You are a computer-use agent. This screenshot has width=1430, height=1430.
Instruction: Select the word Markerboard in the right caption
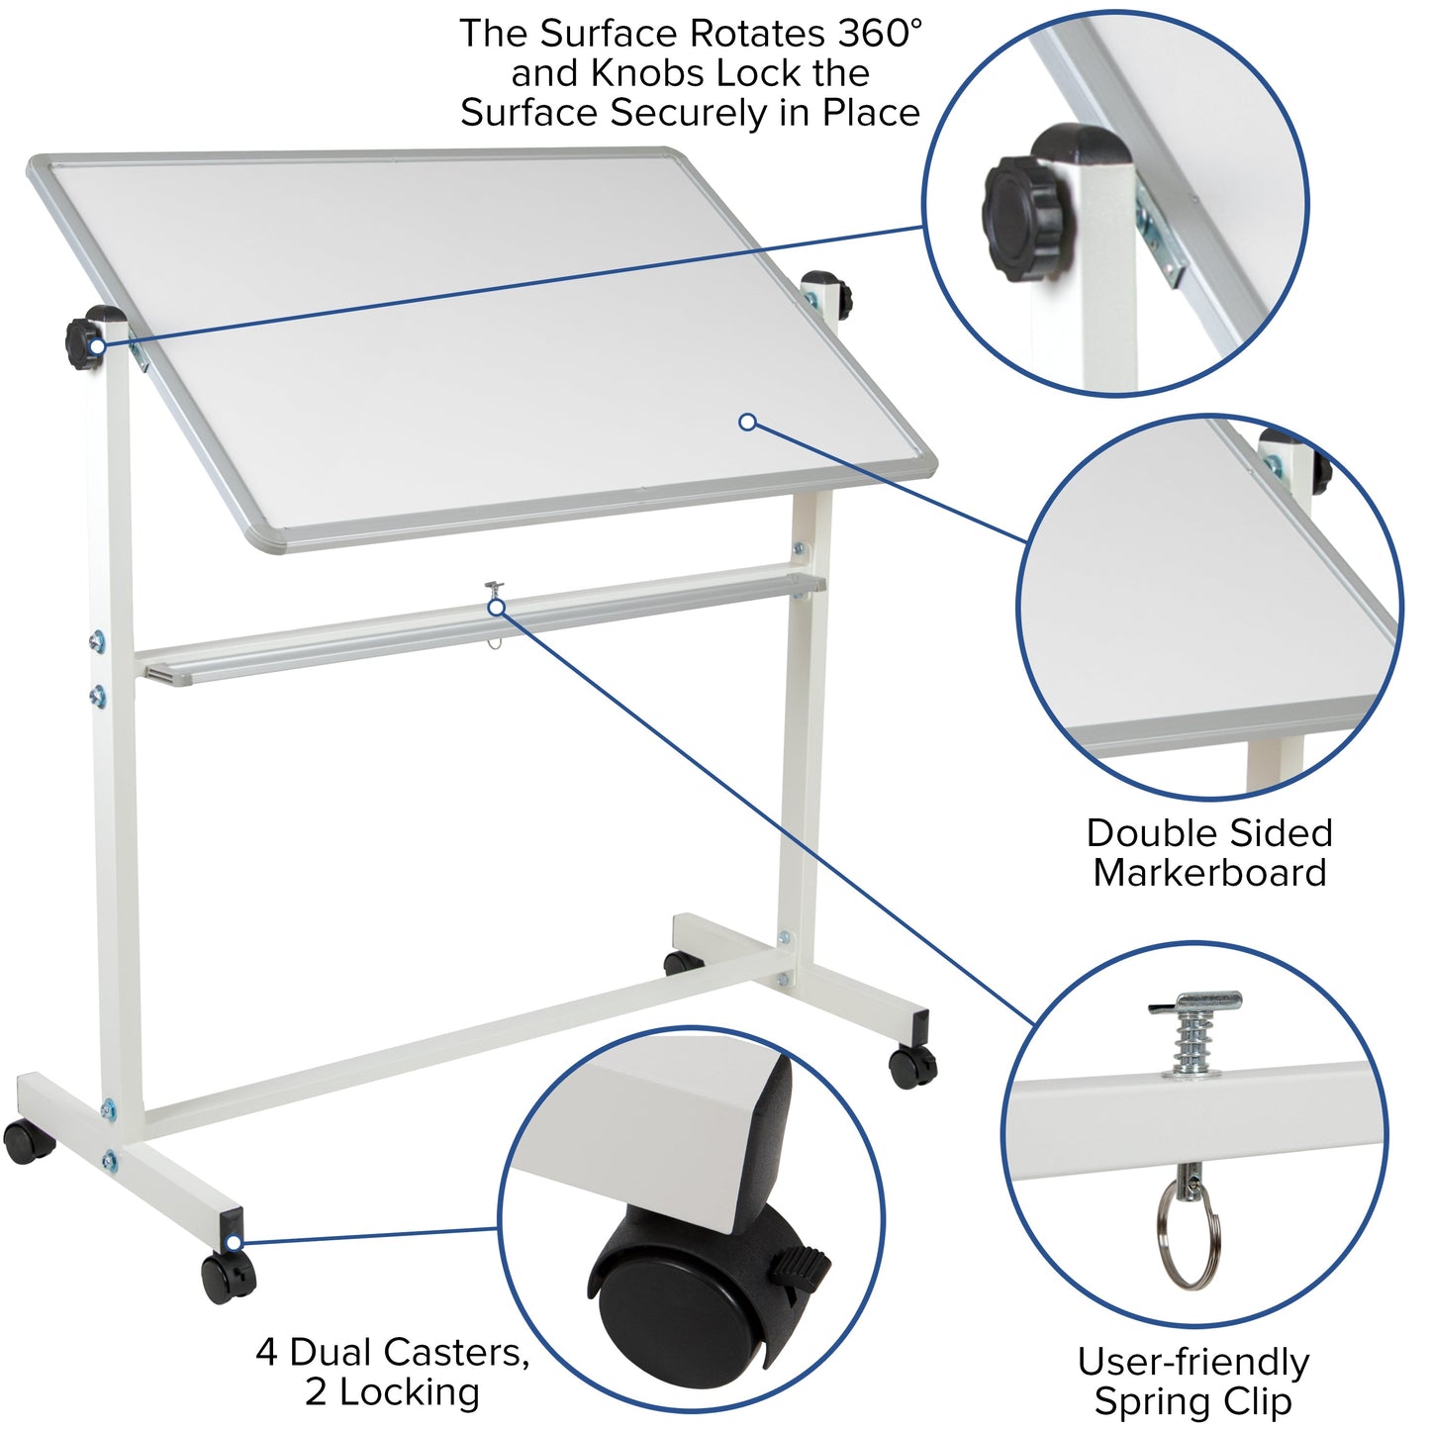point(1209,873)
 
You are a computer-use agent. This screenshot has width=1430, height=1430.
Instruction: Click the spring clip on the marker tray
point(495,601)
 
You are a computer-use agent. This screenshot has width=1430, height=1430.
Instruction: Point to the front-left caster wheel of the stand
point(229,1278)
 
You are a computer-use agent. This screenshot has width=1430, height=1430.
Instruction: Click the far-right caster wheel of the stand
point(912,1066)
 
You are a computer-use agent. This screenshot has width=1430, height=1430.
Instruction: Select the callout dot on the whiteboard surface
point(748,423)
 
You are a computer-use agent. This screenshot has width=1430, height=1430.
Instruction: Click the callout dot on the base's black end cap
point(234,1243)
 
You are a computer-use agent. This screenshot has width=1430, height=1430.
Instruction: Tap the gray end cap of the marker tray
point(163,673)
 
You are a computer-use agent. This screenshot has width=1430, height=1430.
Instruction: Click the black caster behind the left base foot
point(28,1142)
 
